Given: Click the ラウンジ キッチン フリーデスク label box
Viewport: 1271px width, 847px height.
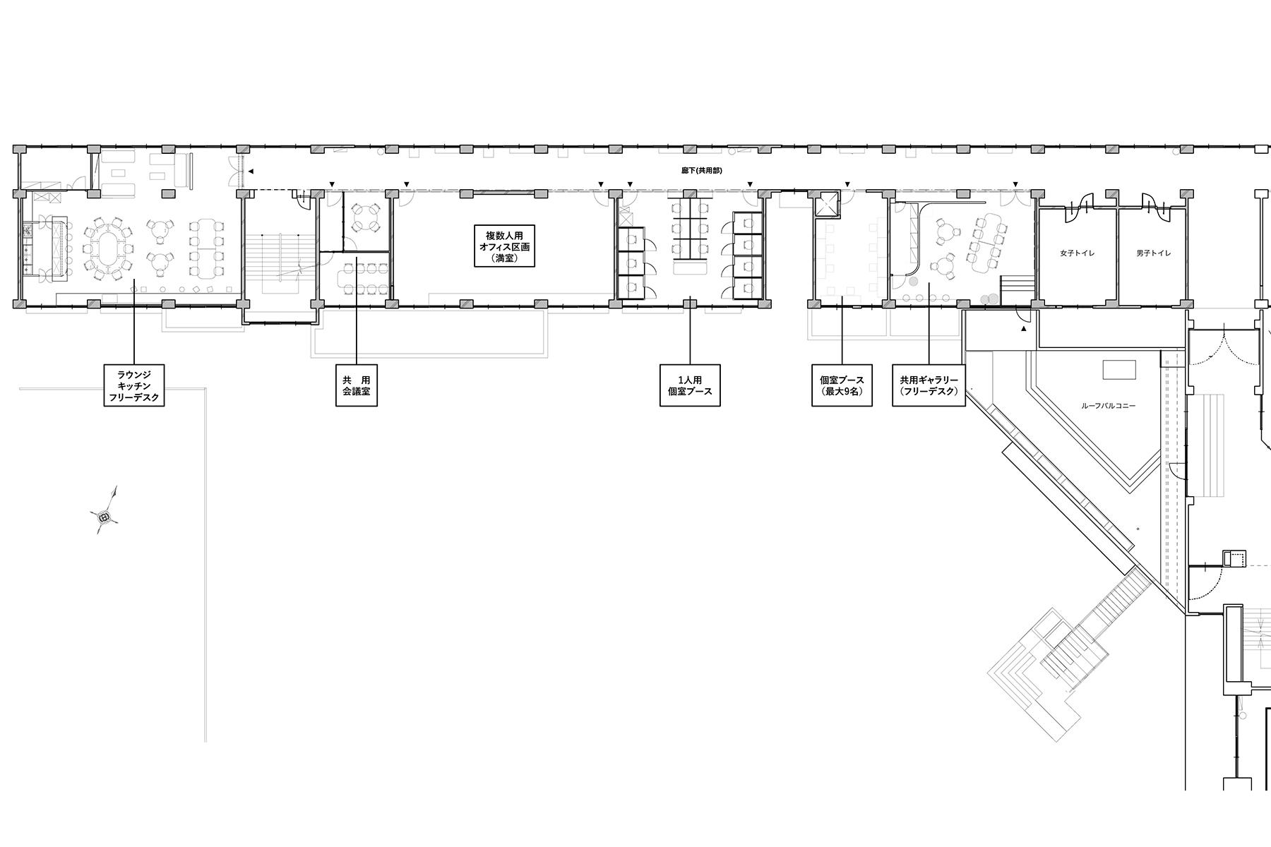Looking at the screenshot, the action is [x=133, y=385].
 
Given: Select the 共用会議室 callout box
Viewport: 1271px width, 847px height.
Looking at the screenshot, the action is [x=357, y=385].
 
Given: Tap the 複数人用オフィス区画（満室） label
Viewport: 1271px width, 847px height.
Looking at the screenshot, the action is [x=504, y=246].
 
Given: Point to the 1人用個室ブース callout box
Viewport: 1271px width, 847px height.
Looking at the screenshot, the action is [x=690, y=385].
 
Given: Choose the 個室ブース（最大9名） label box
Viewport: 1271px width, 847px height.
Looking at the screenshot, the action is [x=842, y=385].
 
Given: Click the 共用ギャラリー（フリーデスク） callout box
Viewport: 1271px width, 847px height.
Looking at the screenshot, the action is [x=929, y=385].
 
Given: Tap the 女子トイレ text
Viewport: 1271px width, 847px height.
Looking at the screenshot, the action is [x=1077, y=253].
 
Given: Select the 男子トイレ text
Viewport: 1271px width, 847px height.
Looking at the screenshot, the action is [x=1153, y=253].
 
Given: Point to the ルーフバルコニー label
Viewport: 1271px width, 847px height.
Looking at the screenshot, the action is [x=1108, y=406].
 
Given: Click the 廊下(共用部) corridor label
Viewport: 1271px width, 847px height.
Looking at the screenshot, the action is [x=701, y=171].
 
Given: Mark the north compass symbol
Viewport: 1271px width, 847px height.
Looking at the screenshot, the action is [x=105, y=517].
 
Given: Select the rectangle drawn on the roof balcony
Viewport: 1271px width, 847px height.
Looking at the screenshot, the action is [x=1120, y=370].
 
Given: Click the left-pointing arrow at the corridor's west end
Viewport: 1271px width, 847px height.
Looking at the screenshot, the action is [x=249, y=171].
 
